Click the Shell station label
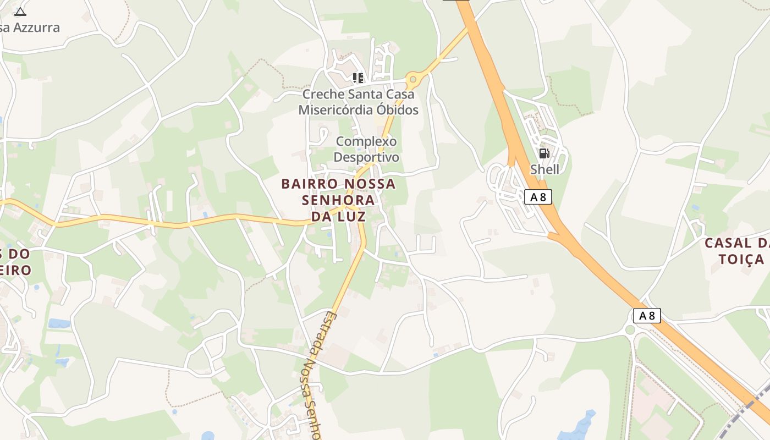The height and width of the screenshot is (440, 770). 544,169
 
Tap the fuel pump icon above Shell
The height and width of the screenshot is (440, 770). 544,153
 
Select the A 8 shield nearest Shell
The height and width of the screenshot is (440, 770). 538,197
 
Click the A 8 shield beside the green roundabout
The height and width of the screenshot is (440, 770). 647,316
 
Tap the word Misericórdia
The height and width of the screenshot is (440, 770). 331,110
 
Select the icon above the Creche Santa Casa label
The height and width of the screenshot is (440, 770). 358,78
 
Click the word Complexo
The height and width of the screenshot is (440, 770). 366,141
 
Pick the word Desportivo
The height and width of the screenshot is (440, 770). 366,157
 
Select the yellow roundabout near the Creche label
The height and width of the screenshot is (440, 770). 412,80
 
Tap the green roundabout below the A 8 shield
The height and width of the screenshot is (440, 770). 630,330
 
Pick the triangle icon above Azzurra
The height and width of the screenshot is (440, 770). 20,12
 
